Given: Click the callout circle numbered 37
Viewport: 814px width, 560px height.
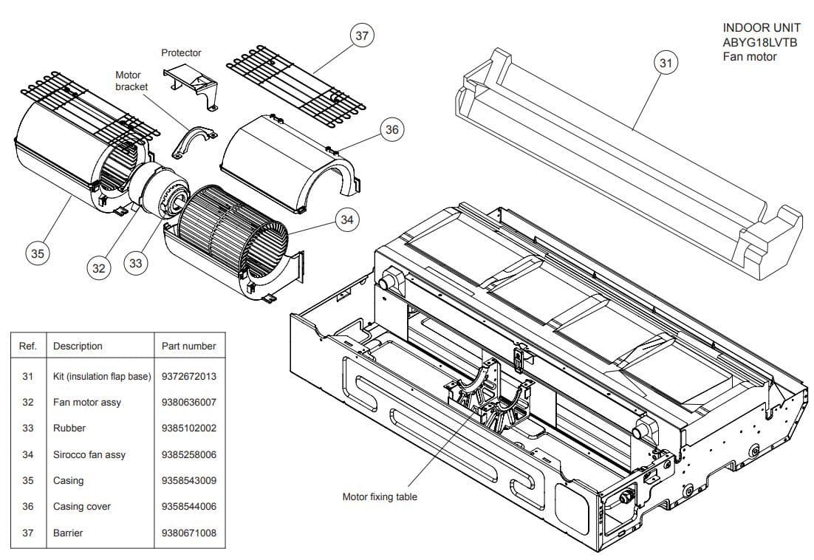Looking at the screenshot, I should (x=361, y=36).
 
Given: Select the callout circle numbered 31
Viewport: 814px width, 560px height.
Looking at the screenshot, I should (x=666, y=64).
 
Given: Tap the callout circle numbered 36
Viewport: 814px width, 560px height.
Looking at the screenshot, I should (x=391, y=130).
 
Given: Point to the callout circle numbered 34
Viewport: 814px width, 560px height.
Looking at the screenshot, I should (x=346, y=219).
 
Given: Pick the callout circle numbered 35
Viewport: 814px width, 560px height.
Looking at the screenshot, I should (x=37, y=253).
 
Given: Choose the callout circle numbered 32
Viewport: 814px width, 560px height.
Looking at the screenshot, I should (x=99, y=268).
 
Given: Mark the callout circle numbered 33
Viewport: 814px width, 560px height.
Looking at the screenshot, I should (x=135, y=262).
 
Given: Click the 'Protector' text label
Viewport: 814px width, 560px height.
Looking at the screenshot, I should (x=181, y=53).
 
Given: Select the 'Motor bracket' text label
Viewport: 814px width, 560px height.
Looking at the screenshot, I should (x=131, y=81).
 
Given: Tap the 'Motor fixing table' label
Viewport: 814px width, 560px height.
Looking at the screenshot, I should (x=380, y=497).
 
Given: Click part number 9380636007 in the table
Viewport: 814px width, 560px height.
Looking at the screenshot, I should (x=188, y=403).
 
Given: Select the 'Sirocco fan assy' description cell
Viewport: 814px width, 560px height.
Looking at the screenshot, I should (x=89, y=455).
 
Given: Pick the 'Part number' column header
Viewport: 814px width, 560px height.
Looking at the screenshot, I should (x=188, y=346).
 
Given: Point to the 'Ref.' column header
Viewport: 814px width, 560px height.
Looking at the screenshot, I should (x=28, y=346).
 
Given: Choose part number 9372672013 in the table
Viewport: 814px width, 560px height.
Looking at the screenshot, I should (x=188, y=377).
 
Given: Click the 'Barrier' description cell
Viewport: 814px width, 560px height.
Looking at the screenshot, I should (x=68, y=533).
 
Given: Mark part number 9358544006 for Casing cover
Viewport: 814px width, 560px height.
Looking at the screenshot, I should (x=188, y=507).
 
